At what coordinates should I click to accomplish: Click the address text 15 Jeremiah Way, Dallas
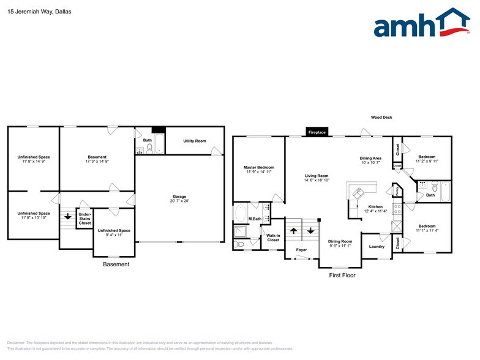pyautogui.click(x=36, y=11)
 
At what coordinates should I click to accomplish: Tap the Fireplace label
pyautogui.click(x=317, y=132)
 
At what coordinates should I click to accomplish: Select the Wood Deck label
pyautogui.click(x=381, y=118)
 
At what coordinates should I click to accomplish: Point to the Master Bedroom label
pyautogui.click(x=258, y=167)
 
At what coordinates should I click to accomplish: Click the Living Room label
pyautogui.click(x=317, y=176)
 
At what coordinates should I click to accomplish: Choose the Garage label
pyautogui.click(x=179, y=197)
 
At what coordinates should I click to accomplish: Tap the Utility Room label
pyautogui.click(x=195, y=141)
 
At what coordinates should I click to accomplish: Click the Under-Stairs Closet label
pyautogui.click(x=84, y=219)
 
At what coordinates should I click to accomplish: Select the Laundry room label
pyautogui.click(x=377, y=247)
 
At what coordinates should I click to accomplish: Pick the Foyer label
pyautogui.click(x=301, y=250)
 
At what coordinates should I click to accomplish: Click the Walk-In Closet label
pyautogui.click(x=273, y=238)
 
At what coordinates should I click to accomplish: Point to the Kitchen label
pyautogui.click(x=375, y=207)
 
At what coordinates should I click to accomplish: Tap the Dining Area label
pyautogui.click(x=370, y=158)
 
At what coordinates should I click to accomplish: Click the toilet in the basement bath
pyautogui.click(x=149, y=148)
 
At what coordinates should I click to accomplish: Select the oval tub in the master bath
pyautogui.click(x=240, y=213)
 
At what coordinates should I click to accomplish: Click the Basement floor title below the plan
pyautogui.click(x=116, y=264)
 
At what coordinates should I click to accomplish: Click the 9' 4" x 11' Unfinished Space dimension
pyautogui.click(x=113, y=235)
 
